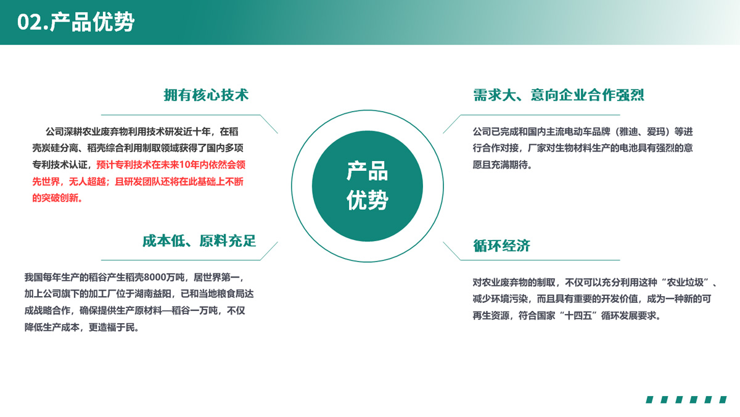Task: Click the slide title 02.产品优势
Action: [x=76, y=22]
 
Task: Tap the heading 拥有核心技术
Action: [x=206, y=95]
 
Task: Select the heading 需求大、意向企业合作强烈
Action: [x=559, y=95]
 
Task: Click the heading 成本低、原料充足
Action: [x=199, y=241]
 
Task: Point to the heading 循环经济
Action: [x=501, y=246]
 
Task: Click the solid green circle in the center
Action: [x=368, y=186]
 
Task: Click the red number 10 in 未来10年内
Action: [x=184, y=165]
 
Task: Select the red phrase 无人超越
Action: [x=87, y=181]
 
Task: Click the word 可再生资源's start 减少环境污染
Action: [x=500, y=299]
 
